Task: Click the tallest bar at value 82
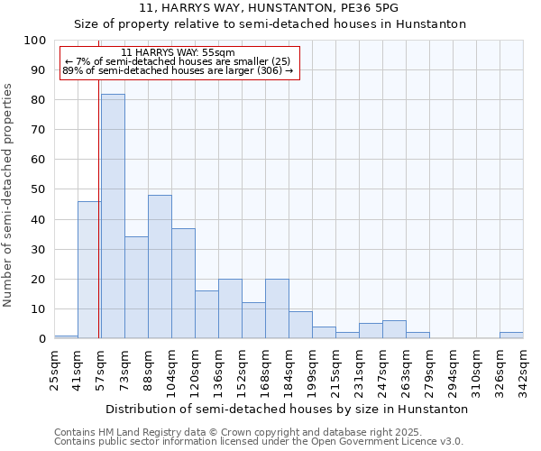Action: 113,216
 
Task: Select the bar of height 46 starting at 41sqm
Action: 88,271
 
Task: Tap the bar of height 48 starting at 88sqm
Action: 160,267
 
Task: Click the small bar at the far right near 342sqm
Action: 511,336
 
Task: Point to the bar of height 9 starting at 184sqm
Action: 300,326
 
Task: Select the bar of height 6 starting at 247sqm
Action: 394,330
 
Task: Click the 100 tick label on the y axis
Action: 35,41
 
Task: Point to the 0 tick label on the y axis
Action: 41,338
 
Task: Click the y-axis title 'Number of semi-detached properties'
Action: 9,195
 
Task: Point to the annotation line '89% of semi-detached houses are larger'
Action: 178,70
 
